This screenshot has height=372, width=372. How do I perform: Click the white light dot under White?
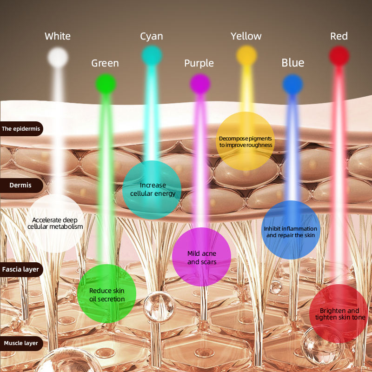58,57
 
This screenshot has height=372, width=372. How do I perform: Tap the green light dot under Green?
106,84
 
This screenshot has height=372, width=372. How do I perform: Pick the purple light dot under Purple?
200,84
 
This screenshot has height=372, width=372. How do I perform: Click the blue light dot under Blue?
293,84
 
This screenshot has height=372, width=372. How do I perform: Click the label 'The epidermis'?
21,129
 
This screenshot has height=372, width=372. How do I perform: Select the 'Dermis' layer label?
21,185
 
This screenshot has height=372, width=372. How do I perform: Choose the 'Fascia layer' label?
21,269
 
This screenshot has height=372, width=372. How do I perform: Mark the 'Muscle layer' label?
21,344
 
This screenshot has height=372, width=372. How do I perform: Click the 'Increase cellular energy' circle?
153,190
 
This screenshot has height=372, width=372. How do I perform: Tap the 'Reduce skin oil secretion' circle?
107,294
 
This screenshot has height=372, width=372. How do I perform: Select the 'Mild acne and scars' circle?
202,257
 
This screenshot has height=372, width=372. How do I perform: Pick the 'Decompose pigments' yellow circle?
246,141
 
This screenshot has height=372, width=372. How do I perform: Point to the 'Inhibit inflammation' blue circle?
291,231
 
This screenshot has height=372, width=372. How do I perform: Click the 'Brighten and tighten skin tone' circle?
339,314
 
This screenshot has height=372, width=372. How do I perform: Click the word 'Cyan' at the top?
152,36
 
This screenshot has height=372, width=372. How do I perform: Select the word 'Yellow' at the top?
246,36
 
